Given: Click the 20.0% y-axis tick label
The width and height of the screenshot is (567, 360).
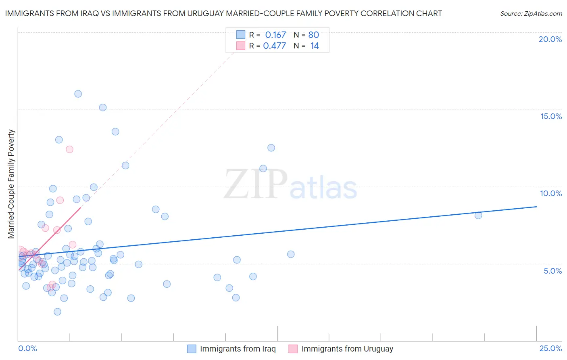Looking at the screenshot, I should point(550,39).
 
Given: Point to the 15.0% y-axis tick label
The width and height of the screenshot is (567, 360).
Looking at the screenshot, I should point(551,116).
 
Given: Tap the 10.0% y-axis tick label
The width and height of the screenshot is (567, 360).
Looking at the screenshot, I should point(551,193).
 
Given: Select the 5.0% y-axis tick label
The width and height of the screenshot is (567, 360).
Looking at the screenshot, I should point(552,271).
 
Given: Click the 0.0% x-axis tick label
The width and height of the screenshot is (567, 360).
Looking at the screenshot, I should point(27,348).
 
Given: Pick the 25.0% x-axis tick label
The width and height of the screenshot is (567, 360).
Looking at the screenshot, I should point(550,348).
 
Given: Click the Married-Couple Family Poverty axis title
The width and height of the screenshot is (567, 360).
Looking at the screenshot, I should point(11,184).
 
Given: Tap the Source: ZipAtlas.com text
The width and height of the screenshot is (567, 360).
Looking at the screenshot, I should point(531,14).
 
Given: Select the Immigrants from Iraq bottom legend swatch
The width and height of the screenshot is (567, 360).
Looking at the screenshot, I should point(192,349).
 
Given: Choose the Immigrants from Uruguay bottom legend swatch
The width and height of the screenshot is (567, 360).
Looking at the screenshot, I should point(293,349).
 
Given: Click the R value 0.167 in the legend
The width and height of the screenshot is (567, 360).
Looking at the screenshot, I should point(275,35).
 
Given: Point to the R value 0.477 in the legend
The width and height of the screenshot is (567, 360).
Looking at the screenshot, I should point(274,46).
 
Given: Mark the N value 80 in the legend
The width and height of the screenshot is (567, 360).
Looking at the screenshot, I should point(314,35).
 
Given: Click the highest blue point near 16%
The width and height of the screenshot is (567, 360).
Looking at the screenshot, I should point(78,94).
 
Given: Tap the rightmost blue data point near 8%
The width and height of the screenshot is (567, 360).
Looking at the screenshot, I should point(478,216).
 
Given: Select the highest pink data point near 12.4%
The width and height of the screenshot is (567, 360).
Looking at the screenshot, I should point(69,149).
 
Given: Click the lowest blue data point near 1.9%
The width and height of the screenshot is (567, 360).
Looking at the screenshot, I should point(57,312).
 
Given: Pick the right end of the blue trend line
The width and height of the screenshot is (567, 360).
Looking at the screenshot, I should point(536,207).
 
